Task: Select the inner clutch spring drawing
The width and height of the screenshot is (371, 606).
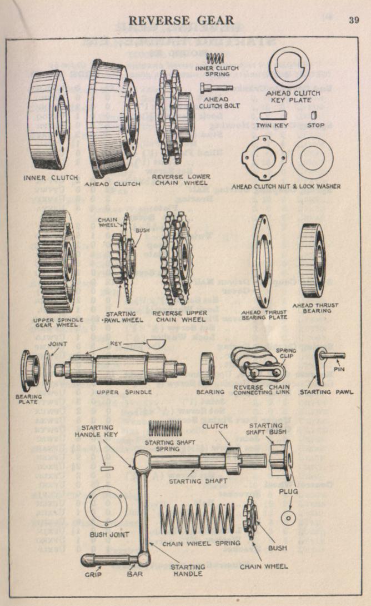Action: click(x=215, y=57)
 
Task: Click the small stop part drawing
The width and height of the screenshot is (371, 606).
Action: click(x=315, y=115)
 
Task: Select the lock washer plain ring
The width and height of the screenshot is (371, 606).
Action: click(x=312, y=156)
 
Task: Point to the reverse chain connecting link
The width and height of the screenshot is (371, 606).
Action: click(x=255, y=364)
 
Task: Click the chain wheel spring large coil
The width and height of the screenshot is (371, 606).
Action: click(x=202, y=520)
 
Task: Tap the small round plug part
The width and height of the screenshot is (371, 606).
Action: click(x=288, y=518)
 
